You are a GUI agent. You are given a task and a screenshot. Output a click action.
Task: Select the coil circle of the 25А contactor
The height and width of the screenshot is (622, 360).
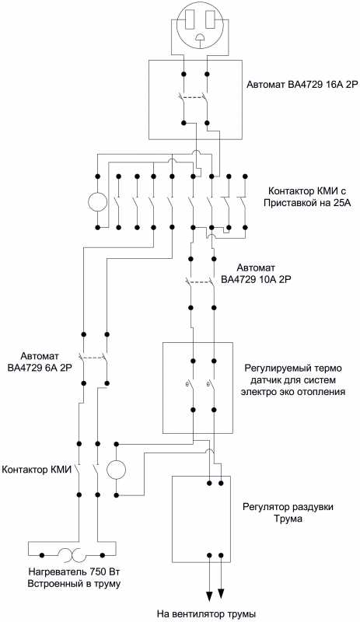tap(97, 201)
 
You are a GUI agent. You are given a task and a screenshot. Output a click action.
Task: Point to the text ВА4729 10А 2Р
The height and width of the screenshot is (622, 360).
tap(257, 279)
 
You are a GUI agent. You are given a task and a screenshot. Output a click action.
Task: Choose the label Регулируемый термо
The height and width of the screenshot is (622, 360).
tap(292, 368)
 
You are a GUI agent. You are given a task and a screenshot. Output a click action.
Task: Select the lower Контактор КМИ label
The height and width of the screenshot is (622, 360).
tap(37, 470)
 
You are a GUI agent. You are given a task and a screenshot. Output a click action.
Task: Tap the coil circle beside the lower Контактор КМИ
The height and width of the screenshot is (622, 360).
tap(117, 470)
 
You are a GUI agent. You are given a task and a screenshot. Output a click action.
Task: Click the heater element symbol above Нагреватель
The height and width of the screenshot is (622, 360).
tap(69, 555)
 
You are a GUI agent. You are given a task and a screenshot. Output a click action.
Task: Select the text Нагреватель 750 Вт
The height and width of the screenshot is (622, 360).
tap(74, 572)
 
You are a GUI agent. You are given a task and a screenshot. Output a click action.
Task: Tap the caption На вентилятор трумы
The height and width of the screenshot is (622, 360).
tap(205, 613)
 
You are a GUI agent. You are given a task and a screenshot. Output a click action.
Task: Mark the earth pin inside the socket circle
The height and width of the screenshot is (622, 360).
tap(201, 37)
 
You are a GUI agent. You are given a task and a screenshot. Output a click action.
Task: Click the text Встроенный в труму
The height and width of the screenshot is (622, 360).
tap(74, 584)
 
